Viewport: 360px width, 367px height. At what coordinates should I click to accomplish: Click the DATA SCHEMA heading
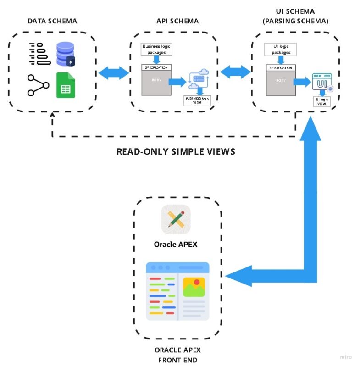tap(52, 21)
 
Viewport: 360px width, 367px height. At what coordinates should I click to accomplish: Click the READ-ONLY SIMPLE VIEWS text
tap(176, 151)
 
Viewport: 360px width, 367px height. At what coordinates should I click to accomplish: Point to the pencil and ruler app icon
tap(176, 219)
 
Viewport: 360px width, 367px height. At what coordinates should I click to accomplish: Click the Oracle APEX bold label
tap(176, 244)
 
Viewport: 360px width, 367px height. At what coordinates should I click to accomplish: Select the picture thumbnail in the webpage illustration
tap(193, 287)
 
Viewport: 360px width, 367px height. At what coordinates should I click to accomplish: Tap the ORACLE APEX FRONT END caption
tap(177, 355)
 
